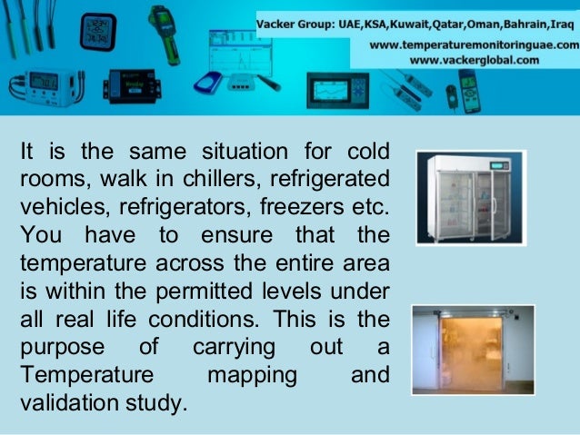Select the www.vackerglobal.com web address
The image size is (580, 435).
[x=475, y=60]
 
